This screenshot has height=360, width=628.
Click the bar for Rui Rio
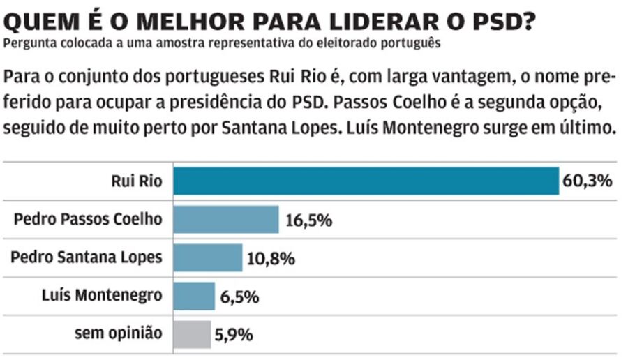366,181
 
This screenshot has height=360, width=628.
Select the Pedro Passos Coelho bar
225,220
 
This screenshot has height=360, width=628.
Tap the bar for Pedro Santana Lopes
207,258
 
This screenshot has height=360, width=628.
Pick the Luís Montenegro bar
194,296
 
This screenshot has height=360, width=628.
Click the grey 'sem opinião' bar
192,334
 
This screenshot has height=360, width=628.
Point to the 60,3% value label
587,182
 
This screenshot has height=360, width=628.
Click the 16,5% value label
308,220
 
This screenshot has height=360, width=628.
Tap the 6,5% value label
239,297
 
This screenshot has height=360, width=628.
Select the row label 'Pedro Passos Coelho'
88,219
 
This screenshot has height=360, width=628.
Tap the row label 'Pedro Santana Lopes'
87,257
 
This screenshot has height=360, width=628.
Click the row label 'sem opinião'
118,333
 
